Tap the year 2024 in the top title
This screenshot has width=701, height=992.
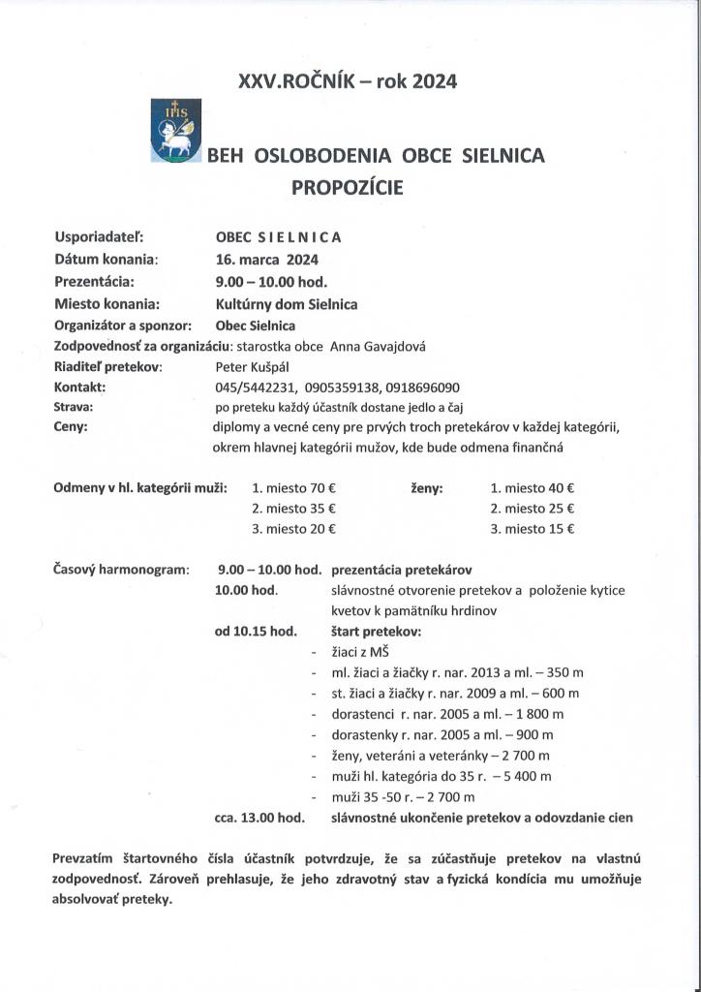(x=434, y=83)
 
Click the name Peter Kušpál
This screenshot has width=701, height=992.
(x=253, y=367)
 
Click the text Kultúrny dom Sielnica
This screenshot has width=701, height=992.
(x=286, y=303)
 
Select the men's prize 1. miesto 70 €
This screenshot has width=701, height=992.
(x=293, y=488)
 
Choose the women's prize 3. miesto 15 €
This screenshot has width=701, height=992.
(x=533, y=529)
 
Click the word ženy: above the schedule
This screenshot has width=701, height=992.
(x=427, y=488)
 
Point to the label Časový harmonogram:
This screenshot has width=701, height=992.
(x=121, y=570)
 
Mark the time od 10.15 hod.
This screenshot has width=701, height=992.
(x=256, y=631)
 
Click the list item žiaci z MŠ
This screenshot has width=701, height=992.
(x=359, y=651)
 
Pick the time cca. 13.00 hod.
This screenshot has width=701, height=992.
(x=259, y=818)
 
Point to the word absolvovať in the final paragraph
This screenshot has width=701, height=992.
(x=93, y=898)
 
